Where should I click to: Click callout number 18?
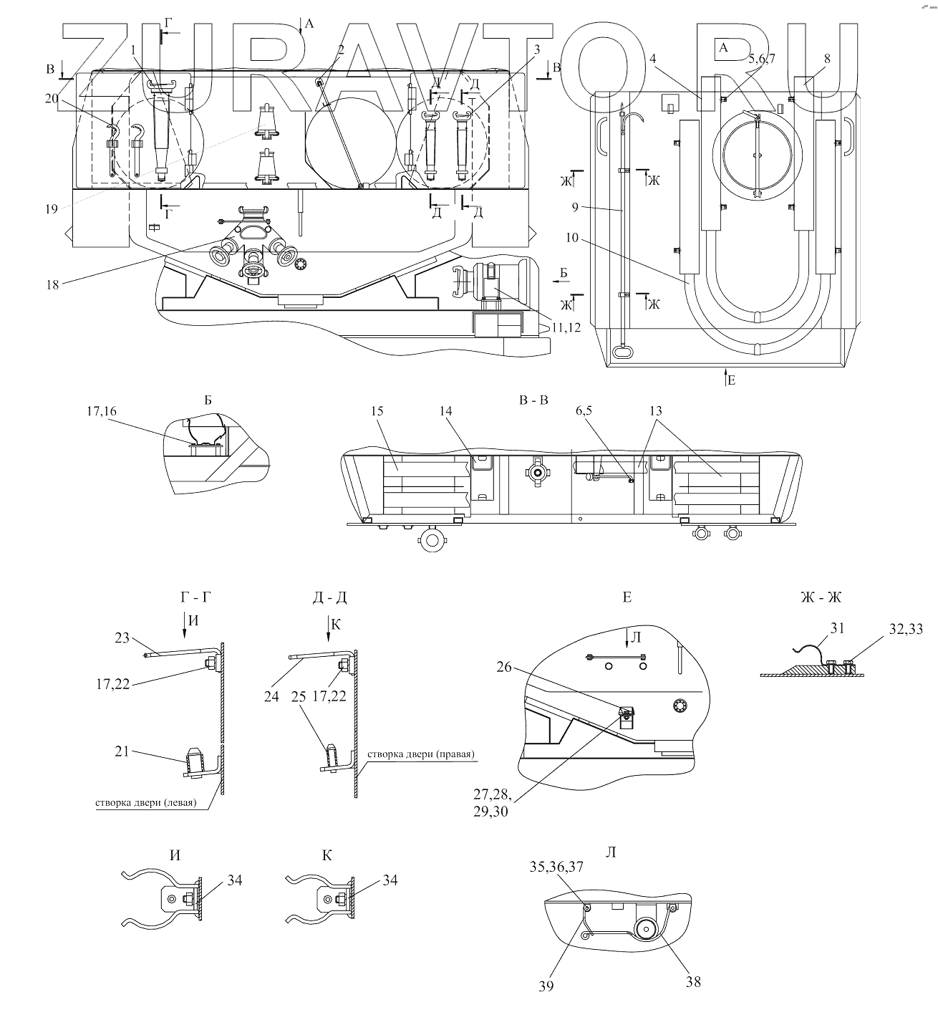click(53, 285)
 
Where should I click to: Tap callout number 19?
click(52, 209)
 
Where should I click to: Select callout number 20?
click(52, 99)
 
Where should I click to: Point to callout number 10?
click(572, 238)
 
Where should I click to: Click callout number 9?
click(575, 207)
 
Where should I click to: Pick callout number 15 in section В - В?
click(377, 411)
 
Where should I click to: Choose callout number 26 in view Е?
click(504, 667)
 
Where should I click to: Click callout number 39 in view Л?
click(546, 986)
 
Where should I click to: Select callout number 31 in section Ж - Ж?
click(837, 629)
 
